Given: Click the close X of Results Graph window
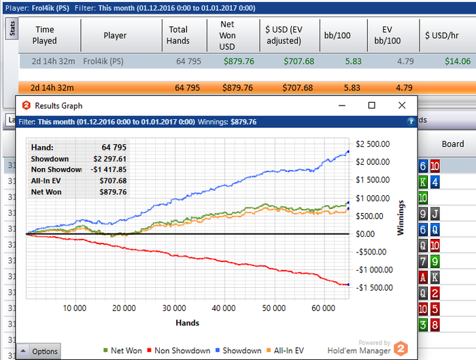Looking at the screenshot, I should [x=402, y=105].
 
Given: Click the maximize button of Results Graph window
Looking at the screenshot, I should [x=371, y=105].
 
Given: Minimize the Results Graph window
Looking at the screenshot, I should [x=341, y=105].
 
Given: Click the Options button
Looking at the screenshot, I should [x=39, y=351].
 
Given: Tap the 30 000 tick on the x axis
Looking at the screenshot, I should [x=175, y=308].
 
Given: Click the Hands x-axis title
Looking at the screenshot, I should [x=187, y=322].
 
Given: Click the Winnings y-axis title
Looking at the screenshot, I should [x=402, y=216].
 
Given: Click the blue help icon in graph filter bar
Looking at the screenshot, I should [x=410, y=121].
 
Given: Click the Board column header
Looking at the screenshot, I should [x=453, y=144].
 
